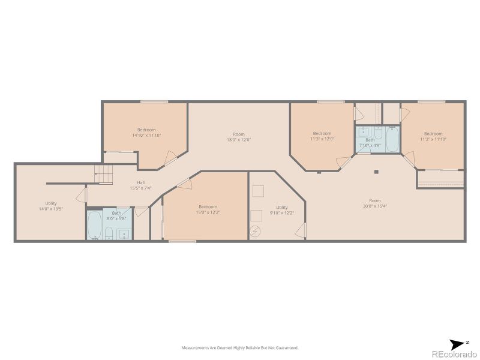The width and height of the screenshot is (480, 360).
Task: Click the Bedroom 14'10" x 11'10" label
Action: click(x=146, y=133)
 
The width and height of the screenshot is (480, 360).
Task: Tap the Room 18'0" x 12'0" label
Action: click(x=239, y=137)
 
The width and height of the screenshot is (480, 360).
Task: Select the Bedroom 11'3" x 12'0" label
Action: click(x=322, y=136)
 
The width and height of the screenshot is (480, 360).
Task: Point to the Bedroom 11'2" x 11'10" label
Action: click(x=433, y=136)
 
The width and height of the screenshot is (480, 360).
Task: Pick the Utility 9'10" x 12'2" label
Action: click(x=282, y=210)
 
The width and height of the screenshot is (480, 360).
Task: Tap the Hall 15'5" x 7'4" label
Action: click(x=140, y=185)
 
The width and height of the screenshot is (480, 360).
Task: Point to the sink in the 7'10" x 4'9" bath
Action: click(x=364, y=132)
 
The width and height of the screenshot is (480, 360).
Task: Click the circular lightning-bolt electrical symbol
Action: click(x=256, y=231)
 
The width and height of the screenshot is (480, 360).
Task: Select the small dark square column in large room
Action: click(x=377, y=172)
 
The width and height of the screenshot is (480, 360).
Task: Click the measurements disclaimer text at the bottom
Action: click(x=240, y=347)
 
